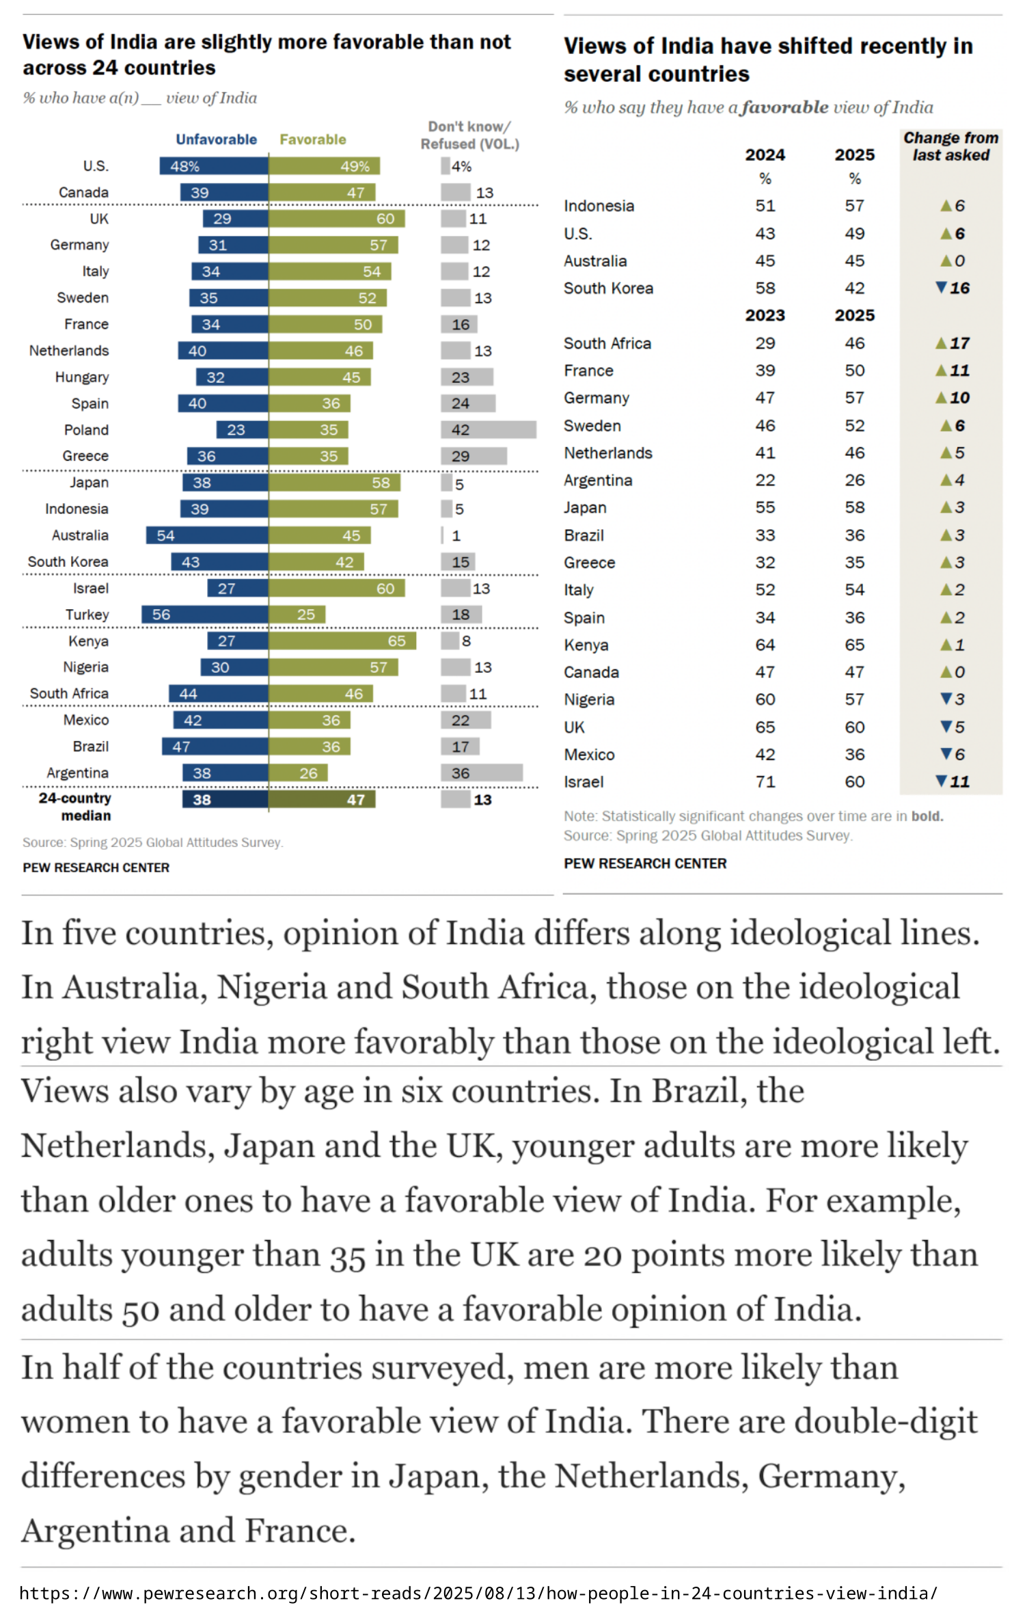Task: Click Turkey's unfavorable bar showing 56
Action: coord(205,615)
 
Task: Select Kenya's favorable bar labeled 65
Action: coord(342,641)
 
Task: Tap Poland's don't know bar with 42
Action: coord(488,430)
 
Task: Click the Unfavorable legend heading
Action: coord(216,139)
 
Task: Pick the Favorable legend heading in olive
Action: coord(313,139)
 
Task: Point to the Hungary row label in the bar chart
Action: coord(82,377)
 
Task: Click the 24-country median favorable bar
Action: coord(322,799)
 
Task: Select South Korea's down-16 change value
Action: coord(953,288)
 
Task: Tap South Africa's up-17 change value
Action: coord(953,343)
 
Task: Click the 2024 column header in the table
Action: coord(765,155)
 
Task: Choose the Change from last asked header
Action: coord(950,147)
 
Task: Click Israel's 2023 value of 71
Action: coord(765,782)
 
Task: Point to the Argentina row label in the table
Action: coord(598,481)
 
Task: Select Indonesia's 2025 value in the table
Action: coord(854,206)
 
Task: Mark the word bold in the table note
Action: coord(927,816)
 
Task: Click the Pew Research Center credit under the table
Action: coord(645,863)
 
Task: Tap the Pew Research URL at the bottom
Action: coord(478,1593)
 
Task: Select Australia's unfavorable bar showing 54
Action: coord(207,535)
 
